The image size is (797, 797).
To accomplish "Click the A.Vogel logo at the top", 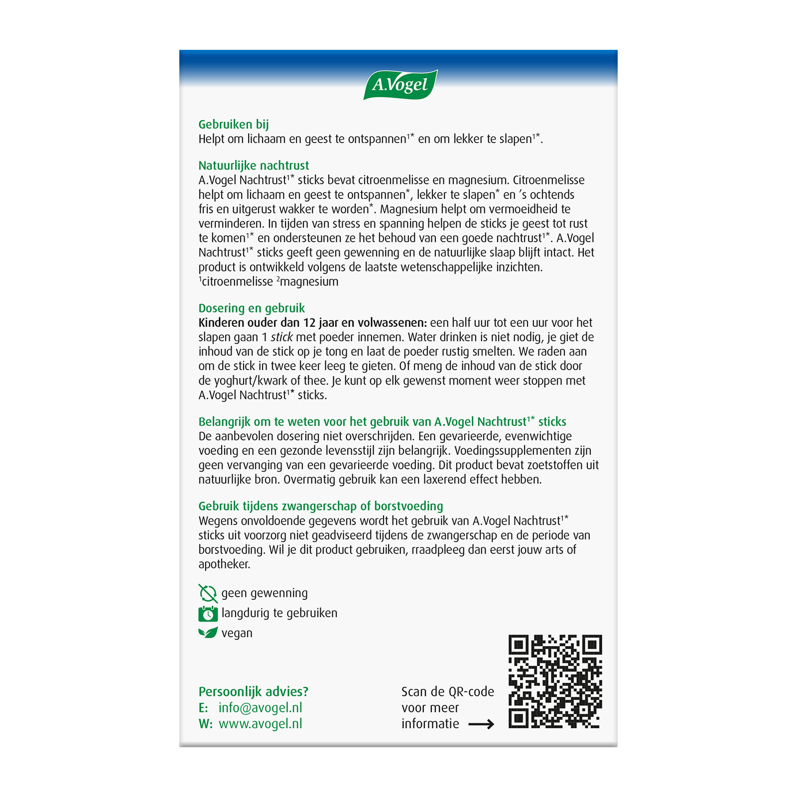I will [x=400, y=85].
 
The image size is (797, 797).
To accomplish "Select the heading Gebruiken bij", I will [x=234, y=125].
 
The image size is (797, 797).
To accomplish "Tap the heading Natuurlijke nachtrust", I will [x=254, y=165].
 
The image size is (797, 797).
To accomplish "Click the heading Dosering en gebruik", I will [x=252, y=308].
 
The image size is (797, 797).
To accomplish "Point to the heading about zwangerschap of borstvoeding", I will [x=321, y=506].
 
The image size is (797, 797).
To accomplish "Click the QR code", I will [x=555, y=681].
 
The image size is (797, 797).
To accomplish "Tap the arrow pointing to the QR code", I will [x=481, y=724].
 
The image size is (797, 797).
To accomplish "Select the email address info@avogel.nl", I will [x=261, y=708].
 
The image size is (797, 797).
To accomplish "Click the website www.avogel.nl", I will [x=261, y=724].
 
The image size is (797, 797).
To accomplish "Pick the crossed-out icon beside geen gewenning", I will [x=208, y=593].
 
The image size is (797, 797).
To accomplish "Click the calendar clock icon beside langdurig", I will [x=208, y=614].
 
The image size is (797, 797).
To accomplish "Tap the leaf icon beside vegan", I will [x=208, y=633].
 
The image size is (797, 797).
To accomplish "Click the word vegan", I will [x=237, y=633].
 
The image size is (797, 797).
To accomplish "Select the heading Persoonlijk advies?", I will [x=254, y=691].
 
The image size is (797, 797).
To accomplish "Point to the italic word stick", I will [x=282, y=337].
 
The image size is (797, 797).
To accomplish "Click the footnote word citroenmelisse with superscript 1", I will [x=237, y=282].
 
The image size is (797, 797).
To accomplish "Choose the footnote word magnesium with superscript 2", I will [x=309, y=282].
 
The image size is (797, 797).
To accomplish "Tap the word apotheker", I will [x=224, y=564].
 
